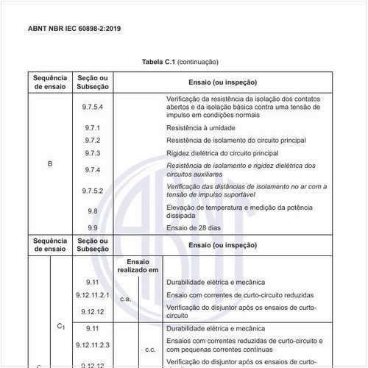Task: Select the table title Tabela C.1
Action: coord(158,62)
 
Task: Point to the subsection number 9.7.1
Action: coord(93,127)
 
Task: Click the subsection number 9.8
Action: coord(93,211)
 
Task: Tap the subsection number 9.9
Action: coord(93,228)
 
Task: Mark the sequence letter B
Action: coord(50,163)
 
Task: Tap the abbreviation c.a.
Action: coord(126,300)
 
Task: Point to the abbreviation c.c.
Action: coord(150,350)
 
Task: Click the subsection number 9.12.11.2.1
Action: coord(93,295)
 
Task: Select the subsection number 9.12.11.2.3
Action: coord(93,344)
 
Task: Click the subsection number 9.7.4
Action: coord(93,169)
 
